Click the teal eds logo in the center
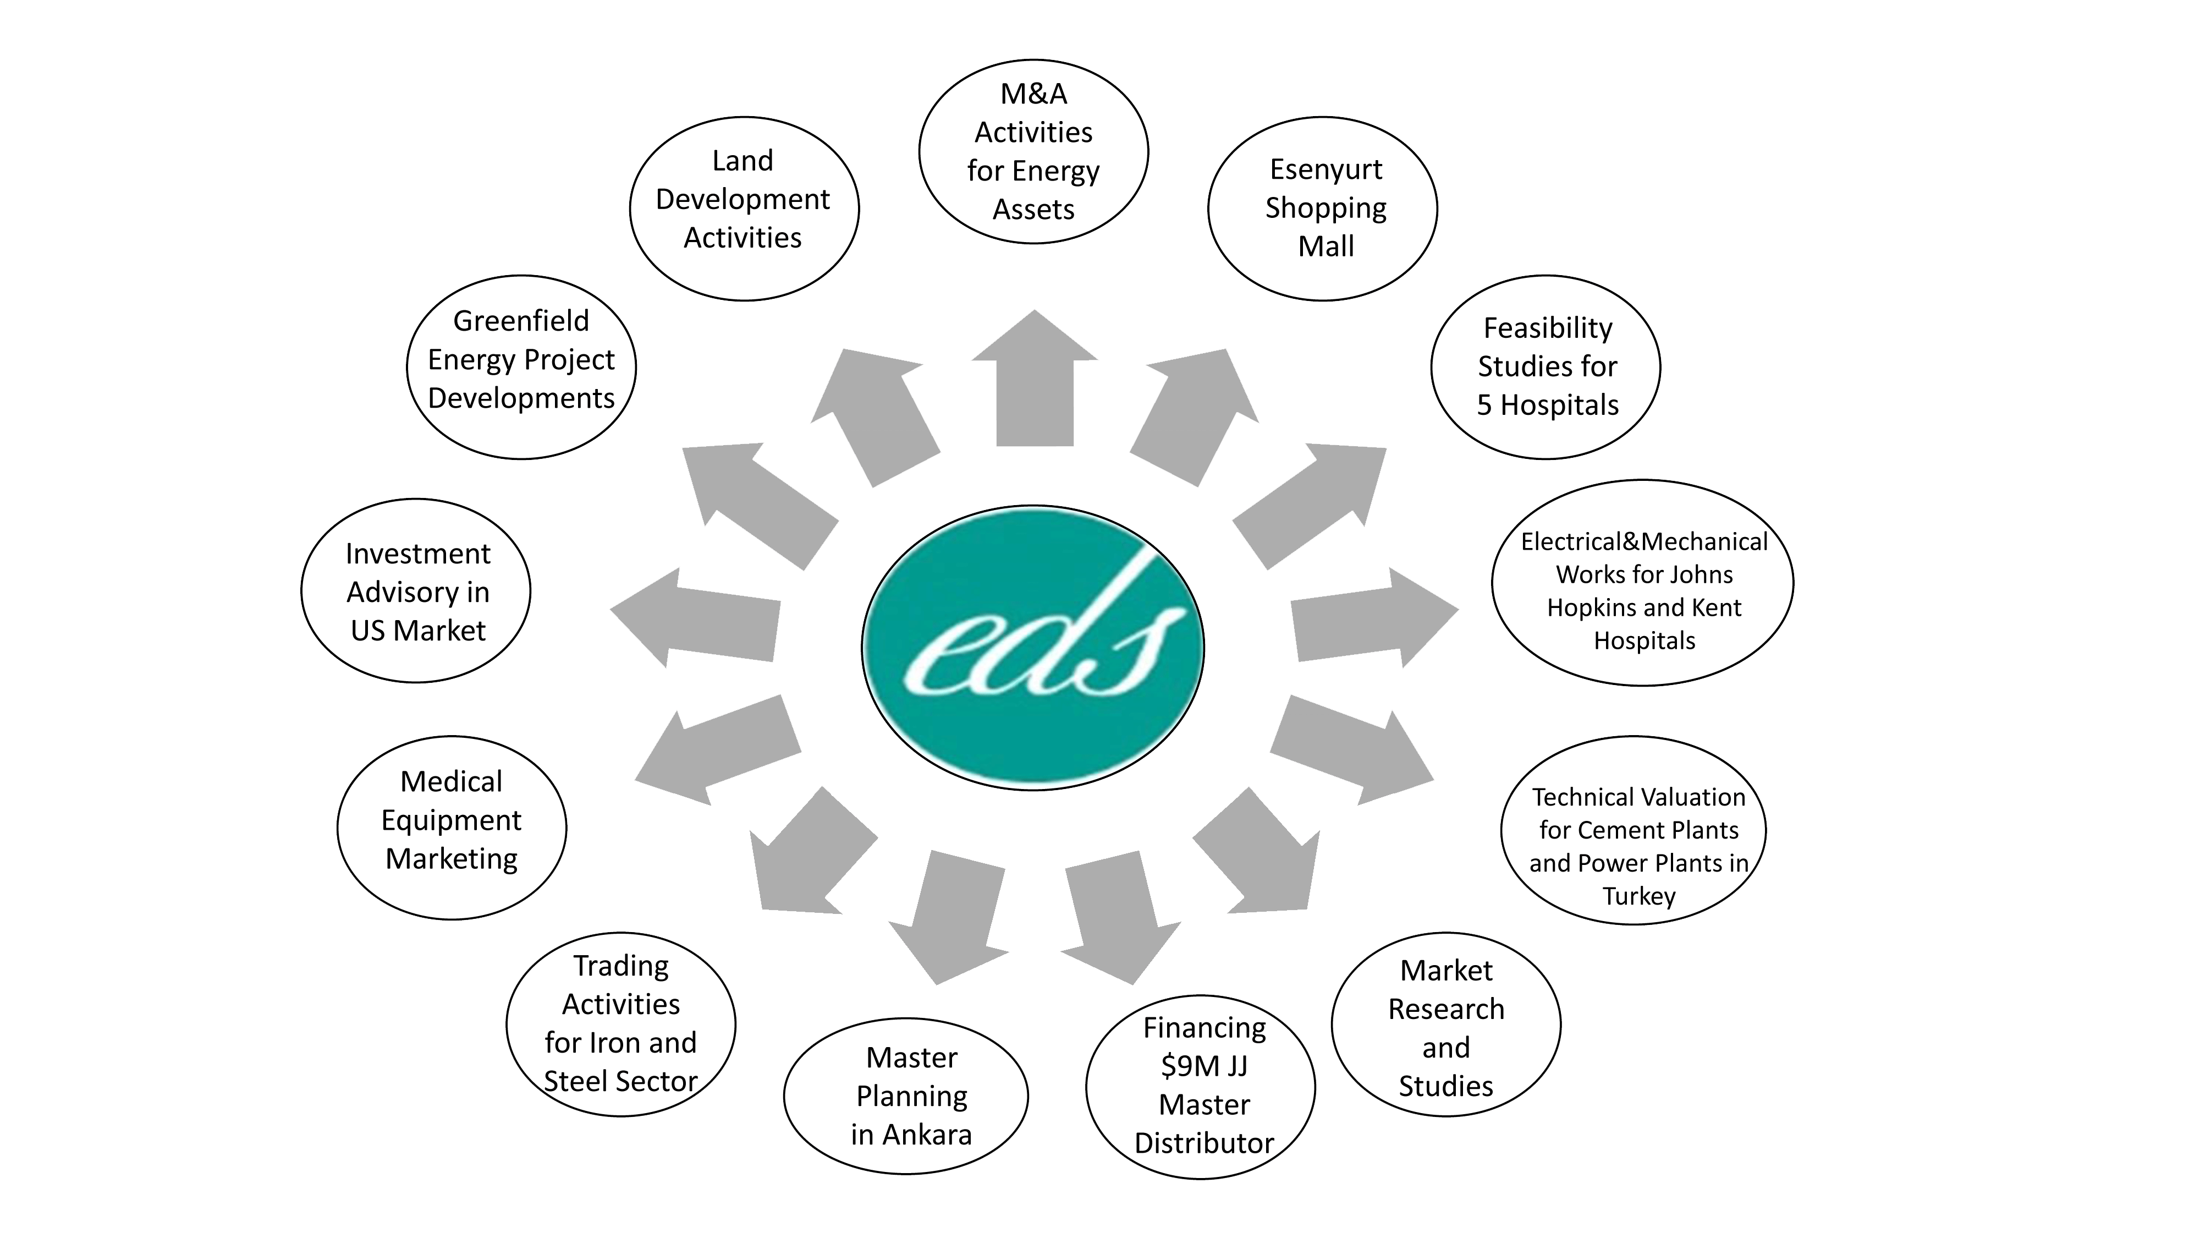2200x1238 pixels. point(1032,648)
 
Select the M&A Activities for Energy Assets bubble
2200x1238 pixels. point(1033,151)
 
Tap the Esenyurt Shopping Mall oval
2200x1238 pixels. point(1323,209)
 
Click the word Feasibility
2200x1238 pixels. point(1548,327)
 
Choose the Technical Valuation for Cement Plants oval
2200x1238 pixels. point(1634,830)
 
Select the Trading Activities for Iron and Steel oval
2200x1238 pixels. point(621,1023)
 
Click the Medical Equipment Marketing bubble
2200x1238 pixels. point(452,827)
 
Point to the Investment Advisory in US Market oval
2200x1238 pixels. point(416,590)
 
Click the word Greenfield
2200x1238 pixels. point(521,320)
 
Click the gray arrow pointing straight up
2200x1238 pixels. point(1034,377)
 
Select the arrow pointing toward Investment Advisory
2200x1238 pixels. point(695,617)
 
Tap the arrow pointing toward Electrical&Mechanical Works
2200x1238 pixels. point(1374,617)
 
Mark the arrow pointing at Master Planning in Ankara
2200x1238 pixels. point(949,917)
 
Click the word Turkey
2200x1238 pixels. point(1639,896)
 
